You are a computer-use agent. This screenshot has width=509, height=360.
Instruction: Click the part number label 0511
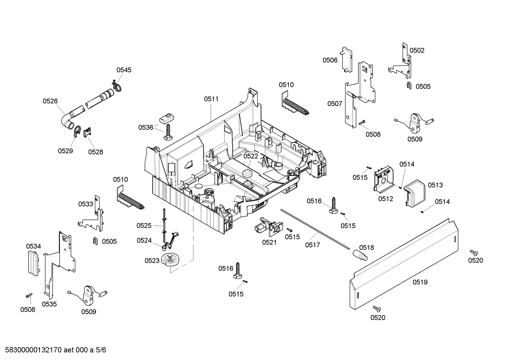click(211, 99)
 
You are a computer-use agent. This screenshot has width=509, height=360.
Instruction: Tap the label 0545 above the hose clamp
click(124, 70)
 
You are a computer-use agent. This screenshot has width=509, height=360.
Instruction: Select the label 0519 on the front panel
click(420, 282)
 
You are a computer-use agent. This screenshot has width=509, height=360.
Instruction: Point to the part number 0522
click(251, 156)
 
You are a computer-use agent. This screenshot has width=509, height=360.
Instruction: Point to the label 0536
click(146, 128)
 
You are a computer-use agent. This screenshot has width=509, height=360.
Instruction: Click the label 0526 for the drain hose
click(50, 101)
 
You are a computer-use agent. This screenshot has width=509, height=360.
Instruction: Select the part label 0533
click(85, 204)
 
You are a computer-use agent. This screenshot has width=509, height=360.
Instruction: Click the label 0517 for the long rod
click(313, 244)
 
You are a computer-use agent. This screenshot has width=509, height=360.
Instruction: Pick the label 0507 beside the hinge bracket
click(335, 104)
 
